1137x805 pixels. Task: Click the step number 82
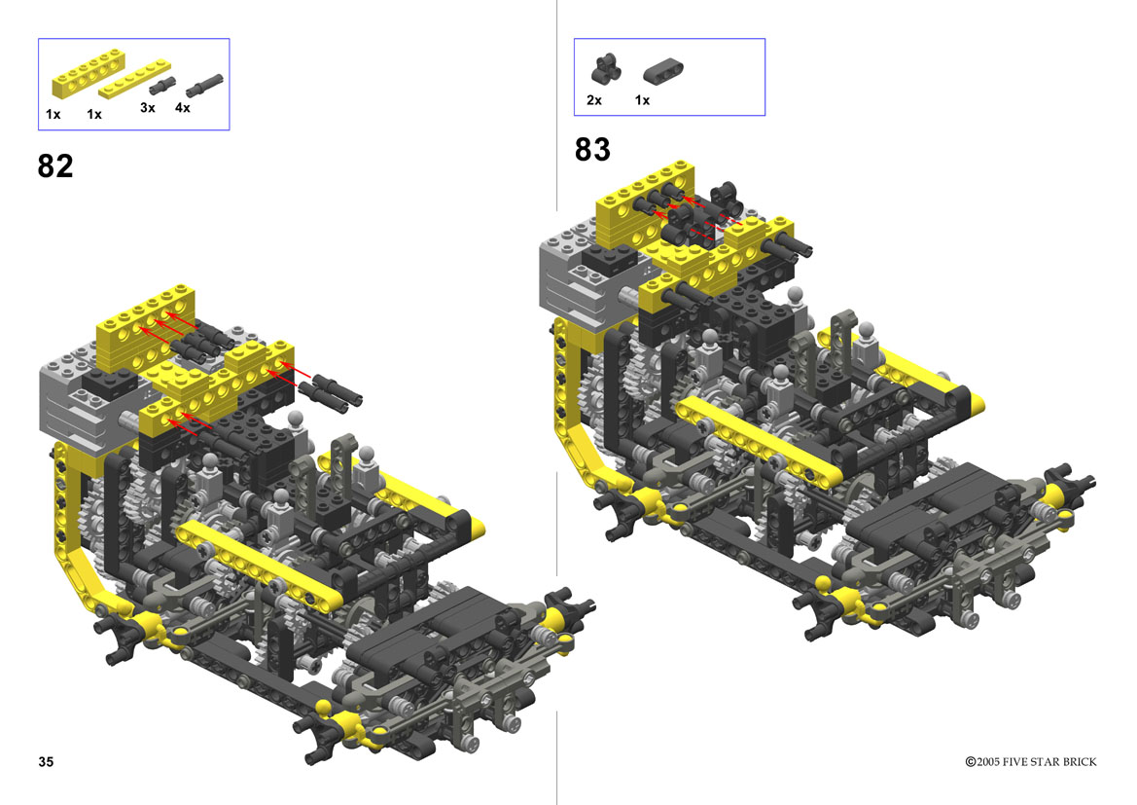click(x=55, y=166)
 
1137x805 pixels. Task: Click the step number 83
click(x=592, y=150)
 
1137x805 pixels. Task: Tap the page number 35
click(x=46, y=761)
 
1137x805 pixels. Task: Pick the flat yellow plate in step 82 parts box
click(x=134, y=79)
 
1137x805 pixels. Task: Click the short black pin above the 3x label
click(x=162, y=86)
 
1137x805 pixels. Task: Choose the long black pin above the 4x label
click(x=204, y=85)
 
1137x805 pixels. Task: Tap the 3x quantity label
click(x=147, y=107)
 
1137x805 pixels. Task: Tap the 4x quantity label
click(x=182, y=107)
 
